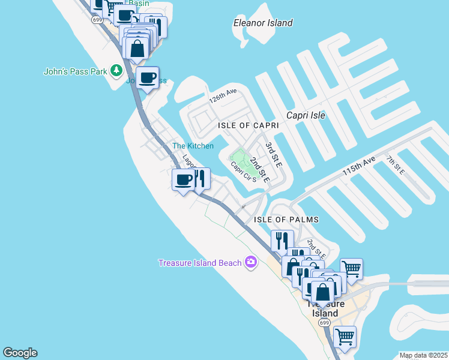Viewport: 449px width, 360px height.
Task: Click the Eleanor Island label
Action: (263, 23)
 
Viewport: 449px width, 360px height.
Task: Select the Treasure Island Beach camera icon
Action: (251, 262)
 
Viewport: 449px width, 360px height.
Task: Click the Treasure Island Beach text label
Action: (200, 262)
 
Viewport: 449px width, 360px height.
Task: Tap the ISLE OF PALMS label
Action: (286, 220)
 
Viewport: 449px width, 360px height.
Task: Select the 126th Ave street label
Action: (223, 96)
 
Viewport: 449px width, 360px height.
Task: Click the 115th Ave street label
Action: (358, 166)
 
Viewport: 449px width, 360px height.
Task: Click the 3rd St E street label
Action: (274, 154)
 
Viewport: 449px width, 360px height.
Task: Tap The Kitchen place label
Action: (193, 146)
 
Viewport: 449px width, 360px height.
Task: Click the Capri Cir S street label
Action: (244, 171)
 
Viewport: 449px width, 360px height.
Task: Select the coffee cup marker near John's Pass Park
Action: (147, 77)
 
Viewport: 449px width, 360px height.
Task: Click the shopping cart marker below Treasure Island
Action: (345, 337)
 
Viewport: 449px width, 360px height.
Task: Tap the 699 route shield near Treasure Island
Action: (324, 323)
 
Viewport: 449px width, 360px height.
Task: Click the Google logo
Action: (20, 353)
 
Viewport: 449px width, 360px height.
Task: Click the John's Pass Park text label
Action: (75, 71)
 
